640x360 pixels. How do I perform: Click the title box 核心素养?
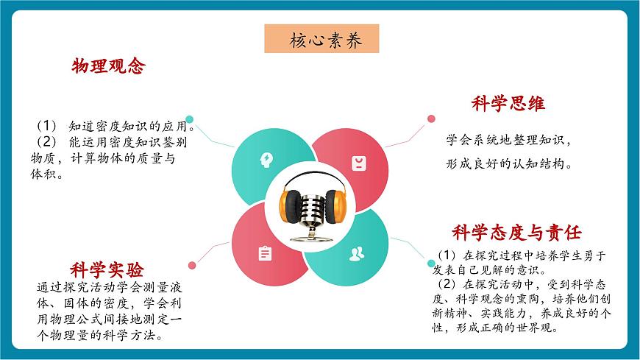pos(322,39)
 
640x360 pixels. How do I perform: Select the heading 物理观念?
pos(108,66)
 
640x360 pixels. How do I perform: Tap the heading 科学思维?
pos(508,104)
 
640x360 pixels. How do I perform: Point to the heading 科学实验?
pos(107,269)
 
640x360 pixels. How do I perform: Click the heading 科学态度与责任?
pos(516,233)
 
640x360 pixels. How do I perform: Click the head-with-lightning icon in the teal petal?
pos(266,160)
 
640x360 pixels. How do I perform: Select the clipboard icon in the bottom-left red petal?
pos(265,253)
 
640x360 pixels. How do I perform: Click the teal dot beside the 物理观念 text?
pos(190,119)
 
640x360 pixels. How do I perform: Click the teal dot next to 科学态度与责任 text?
pos(432,264)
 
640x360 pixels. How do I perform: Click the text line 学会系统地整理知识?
pos(508,139)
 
